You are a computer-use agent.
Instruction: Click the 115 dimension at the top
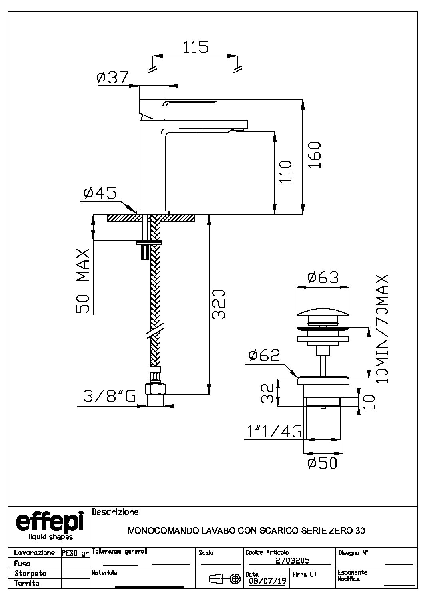[196, 47]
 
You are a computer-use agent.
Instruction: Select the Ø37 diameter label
[112, 77]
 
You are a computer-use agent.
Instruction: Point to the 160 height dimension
[314, 155]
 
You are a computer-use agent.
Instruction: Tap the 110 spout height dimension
[285, 172]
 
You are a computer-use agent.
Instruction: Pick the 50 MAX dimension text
[83, 281]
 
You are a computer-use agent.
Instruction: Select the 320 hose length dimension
[218, 304]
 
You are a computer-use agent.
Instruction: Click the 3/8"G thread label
[109, 396]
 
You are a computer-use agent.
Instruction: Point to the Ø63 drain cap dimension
[323, 277]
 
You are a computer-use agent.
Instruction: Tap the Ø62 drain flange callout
[264, 355]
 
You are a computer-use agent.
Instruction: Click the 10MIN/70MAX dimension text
[381, 329]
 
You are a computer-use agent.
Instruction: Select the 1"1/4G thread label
[274, 432]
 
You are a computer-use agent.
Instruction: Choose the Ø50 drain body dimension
[322, 463]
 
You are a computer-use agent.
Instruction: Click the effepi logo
[50, 524]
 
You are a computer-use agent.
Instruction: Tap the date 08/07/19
[267, 581]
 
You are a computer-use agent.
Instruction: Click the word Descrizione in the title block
[115, 512]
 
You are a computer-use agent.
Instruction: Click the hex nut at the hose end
[155, 389]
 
